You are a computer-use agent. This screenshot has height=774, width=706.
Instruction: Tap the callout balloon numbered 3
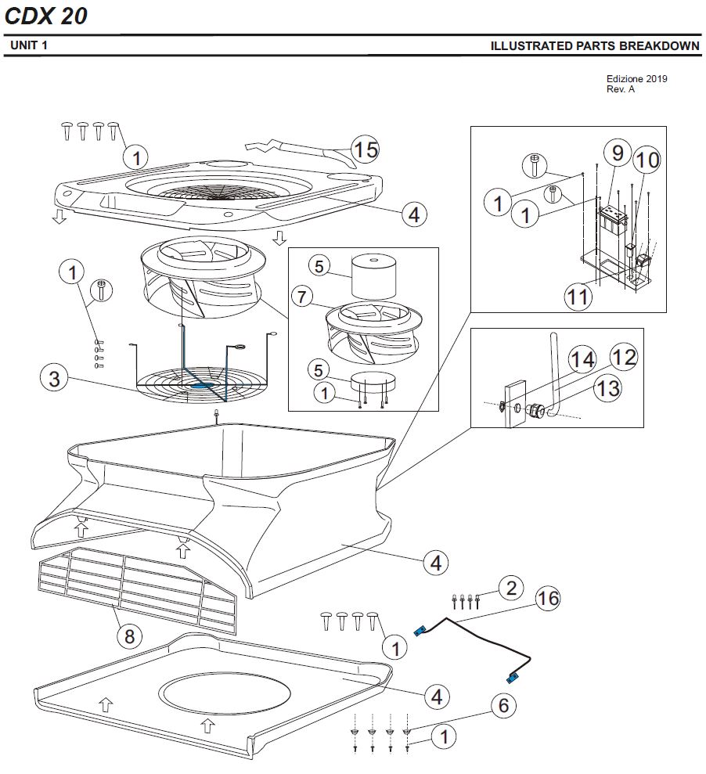(x=54, y=380)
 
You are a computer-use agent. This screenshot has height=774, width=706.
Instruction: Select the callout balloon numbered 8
(x=130, y=636)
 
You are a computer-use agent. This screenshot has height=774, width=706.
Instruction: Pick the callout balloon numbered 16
(x=548, y=599)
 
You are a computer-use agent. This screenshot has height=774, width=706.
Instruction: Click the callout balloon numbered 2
(x=511, y=587)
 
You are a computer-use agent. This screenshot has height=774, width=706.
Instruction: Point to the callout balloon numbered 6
(x=503, y=705)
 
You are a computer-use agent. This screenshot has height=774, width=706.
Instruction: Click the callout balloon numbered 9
(x=617, y=152)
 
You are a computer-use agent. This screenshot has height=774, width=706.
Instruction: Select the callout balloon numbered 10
(x=647, y=161)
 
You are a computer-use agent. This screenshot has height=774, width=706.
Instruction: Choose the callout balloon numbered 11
(x=580, y=296)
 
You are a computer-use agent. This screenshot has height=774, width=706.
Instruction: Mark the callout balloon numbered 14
(x=582, y=360)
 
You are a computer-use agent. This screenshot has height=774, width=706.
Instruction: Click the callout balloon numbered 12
(x=623, y=358)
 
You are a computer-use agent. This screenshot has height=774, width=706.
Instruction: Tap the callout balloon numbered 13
(x=607, y=387)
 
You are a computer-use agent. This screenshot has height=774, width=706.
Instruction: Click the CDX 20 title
(x=46, y=16)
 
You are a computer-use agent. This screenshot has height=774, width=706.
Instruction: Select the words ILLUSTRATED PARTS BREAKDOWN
(x=595, y=46)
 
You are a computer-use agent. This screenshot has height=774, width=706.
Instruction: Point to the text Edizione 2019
(x=636, y=79)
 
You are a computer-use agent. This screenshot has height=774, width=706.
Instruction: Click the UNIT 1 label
(x=30, y=46)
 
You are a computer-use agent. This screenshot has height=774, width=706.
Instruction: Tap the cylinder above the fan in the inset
(x=373, y=275)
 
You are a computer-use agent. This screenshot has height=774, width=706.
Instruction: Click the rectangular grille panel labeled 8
(x=137, y=589)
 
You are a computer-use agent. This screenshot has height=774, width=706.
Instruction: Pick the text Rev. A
(x=621, y=89)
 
